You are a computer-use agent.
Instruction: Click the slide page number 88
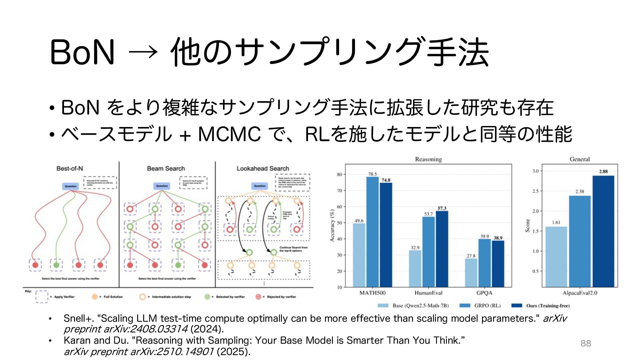(x=586, y=343)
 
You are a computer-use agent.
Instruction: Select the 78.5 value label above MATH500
(x=372, y=174)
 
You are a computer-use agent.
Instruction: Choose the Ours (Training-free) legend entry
(x=548, y=306)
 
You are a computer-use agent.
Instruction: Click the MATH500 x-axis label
(x=372, y=293)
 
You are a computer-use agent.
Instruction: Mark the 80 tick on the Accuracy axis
(x=339, y=174)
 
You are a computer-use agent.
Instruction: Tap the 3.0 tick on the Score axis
(x=535, y=171)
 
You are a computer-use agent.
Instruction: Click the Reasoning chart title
(x=428, y=159)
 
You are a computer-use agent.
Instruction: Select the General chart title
(x=579, y=159)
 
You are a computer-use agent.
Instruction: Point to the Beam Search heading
(x=166, y=169)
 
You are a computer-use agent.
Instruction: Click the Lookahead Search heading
(x=263, y=169)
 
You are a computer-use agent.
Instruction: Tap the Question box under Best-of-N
(x=70, y=186)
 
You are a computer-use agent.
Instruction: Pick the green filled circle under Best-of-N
(x=56, y=265)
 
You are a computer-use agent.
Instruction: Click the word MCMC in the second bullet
(x=229, y=134)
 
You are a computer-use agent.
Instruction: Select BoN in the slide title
(x=82, y=52)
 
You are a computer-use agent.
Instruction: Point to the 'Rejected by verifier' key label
(x=281, y=297)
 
